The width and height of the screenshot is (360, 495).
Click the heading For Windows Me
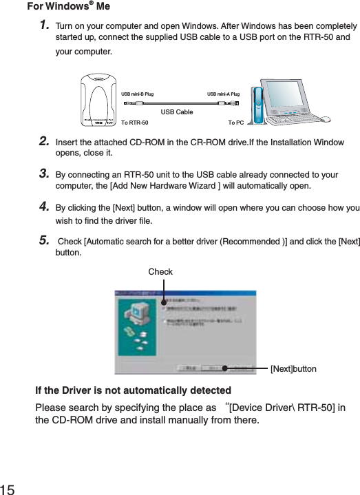[67, 8]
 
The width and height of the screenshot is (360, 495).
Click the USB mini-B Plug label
[137, 94]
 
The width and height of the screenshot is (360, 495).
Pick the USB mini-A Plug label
[223, 94]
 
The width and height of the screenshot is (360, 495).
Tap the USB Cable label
[177, 111]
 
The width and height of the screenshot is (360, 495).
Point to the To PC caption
[235, 123]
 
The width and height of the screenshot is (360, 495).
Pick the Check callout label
[160, 273]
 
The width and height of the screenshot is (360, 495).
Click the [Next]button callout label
[293, 369]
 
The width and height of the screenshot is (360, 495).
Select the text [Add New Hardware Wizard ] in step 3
[195, 185]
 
